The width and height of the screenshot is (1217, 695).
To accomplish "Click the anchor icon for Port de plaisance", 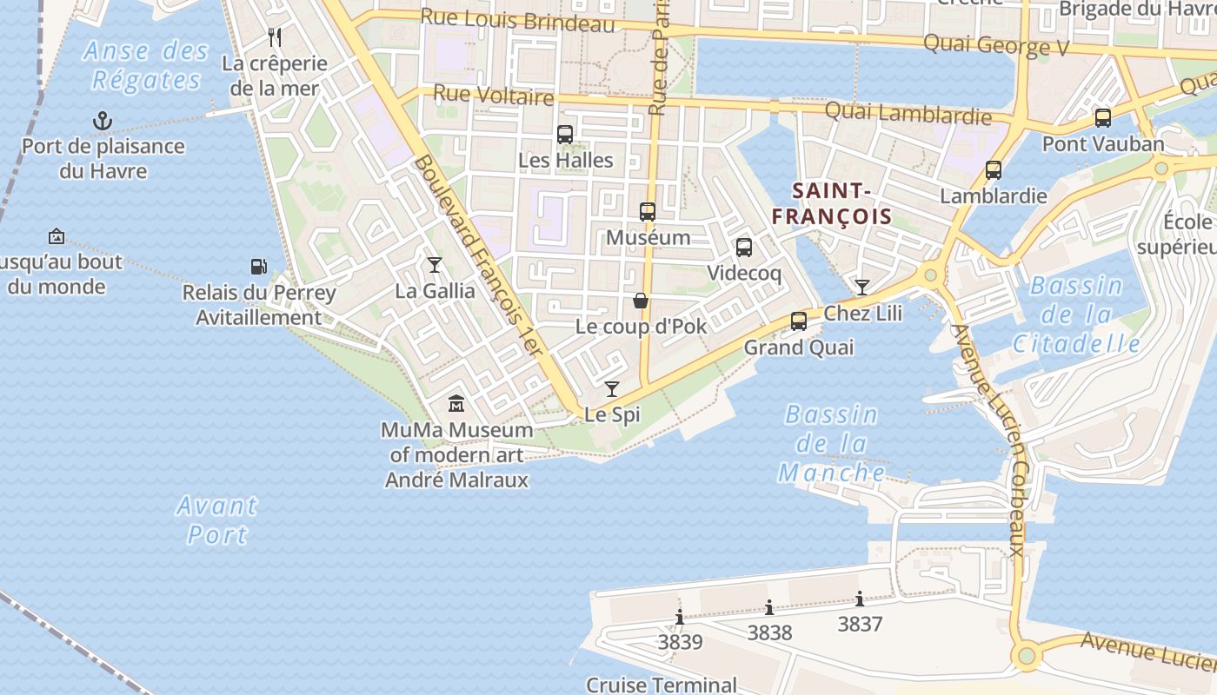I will pyautogui.click(x=103, y=120).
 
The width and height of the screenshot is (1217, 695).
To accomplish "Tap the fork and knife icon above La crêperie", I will pyautogui.click(x=275, y=36).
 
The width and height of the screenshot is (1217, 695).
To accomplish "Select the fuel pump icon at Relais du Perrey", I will pyautogui.click(x=258, y=266).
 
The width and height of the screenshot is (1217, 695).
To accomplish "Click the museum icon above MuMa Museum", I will pyautogui.click(x=456, y=404).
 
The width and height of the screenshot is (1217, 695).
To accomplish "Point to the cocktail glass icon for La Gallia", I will pyautogui.click(x=435, y=264).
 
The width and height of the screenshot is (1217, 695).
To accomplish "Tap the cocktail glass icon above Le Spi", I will pyautogui.click(x=612, y=388).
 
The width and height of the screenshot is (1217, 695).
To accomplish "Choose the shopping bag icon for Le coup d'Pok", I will pyautogui.click(x=641, y=301).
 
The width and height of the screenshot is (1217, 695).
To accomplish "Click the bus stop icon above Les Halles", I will pyautogui.click(x=565, y=135).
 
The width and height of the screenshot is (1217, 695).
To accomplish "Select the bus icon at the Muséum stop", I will pyautogui.click(x=648, y=211).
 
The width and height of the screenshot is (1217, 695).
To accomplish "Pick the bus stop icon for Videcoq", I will pyautogui.click(x=744, y=248).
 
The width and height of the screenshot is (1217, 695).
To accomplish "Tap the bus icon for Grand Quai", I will pyautogui.click(x=799, y=321).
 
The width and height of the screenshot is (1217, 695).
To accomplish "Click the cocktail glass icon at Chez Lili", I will pyautogui.click(x=862, y=287).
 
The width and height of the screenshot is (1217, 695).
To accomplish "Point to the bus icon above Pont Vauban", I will pyautogui.click(x=1103, y=118).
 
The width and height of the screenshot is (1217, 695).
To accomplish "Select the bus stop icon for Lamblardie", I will pyautogui.click(x=994, y=170).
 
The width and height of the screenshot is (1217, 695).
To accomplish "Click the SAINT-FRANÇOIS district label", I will pyautogui.click(x=833, y=203).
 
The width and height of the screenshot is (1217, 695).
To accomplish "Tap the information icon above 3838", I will pyautogui.click(x=769, y=607).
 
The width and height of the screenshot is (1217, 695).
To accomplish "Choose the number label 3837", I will pyautogui.click(x=860, y=624).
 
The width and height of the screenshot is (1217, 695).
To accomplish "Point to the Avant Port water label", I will pyautogui.click(x=216, y=520).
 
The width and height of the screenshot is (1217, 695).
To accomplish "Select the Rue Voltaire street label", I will pyautogui.click(x=493, y=95).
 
